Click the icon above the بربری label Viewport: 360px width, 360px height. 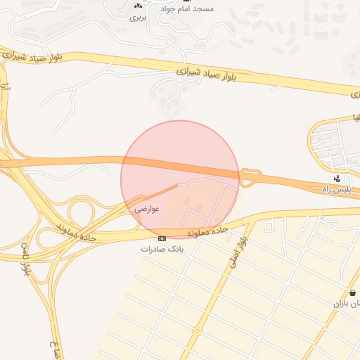(x=138, y=6)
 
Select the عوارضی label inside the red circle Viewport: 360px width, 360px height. (x=148, y=208)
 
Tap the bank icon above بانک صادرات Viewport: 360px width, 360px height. (x=162, y=239)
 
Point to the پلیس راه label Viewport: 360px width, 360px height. (x=336, y=190)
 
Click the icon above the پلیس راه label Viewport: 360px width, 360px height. (x=338, y=179)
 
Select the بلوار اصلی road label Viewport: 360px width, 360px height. (x=237, y=251)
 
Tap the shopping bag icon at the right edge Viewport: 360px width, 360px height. (x=352, y=292)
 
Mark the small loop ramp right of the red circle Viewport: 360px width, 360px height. (x=248, y=177)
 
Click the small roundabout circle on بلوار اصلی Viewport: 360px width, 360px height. (x=198, y=330)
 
